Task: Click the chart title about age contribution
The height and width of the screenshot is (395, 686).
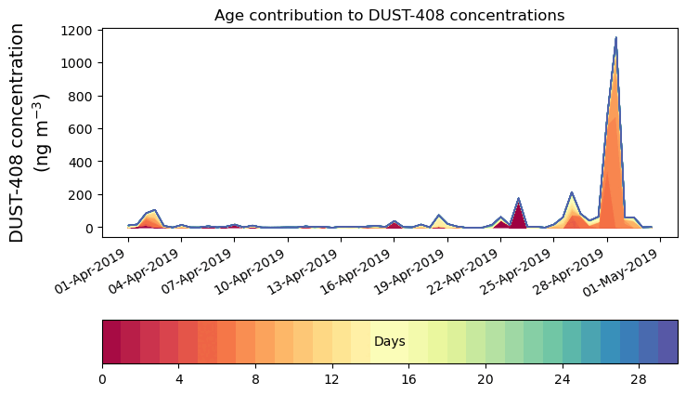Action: pos(389,15)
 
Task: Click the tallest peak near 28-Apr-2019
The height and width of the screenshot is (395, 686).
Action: pos(615,39)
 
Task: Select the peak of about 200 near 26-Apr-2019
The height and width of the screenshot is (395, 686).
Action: pos(572,193)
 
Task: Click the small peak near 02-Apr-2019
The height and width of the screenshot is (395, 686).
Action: pos(154,211)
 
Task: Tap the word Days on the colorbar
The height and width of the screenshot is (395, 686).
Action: pos(389,342)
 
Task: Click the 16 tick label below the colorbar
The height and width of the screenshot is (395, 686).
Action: pos(408,379)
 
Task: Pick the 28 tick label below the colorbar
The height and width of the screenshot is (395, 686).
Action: pos(639,379)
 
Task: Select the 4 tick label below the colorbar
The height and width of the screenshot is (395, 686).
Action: pos(178,379)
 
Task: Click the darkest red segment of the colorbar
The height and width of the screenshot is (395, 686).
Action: pos(111,342)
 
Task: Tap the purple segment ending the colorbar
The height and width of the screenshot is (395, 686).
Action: pos(667,342)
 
